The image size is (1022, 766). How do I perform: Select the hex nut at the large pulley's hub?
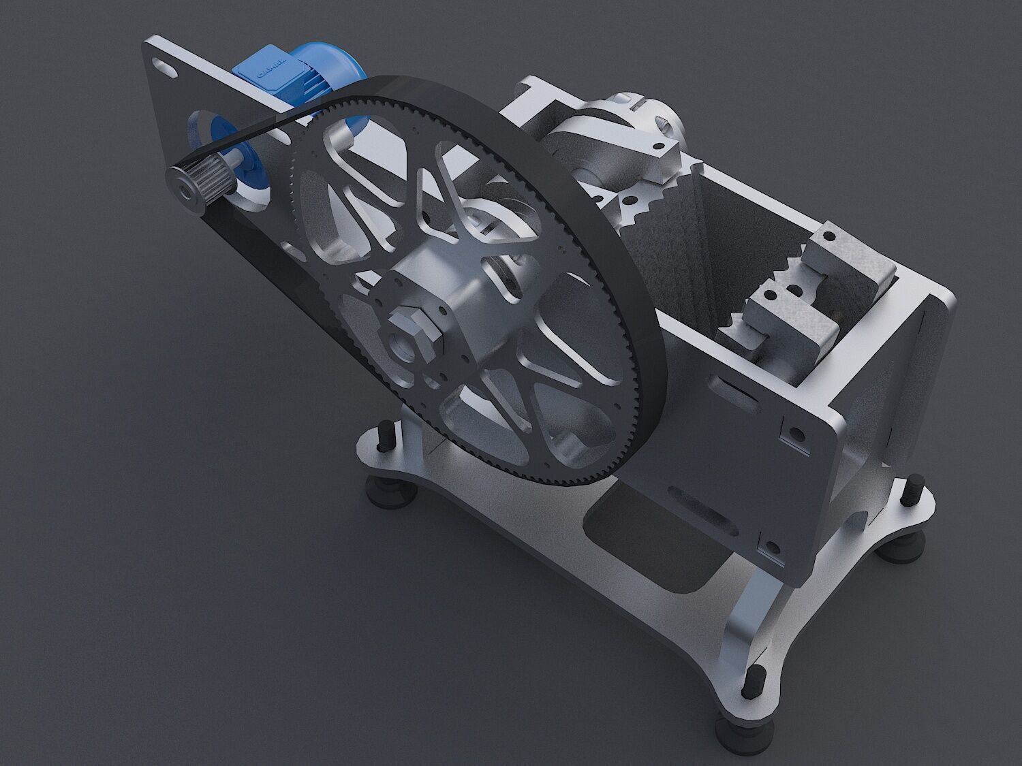417,330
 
